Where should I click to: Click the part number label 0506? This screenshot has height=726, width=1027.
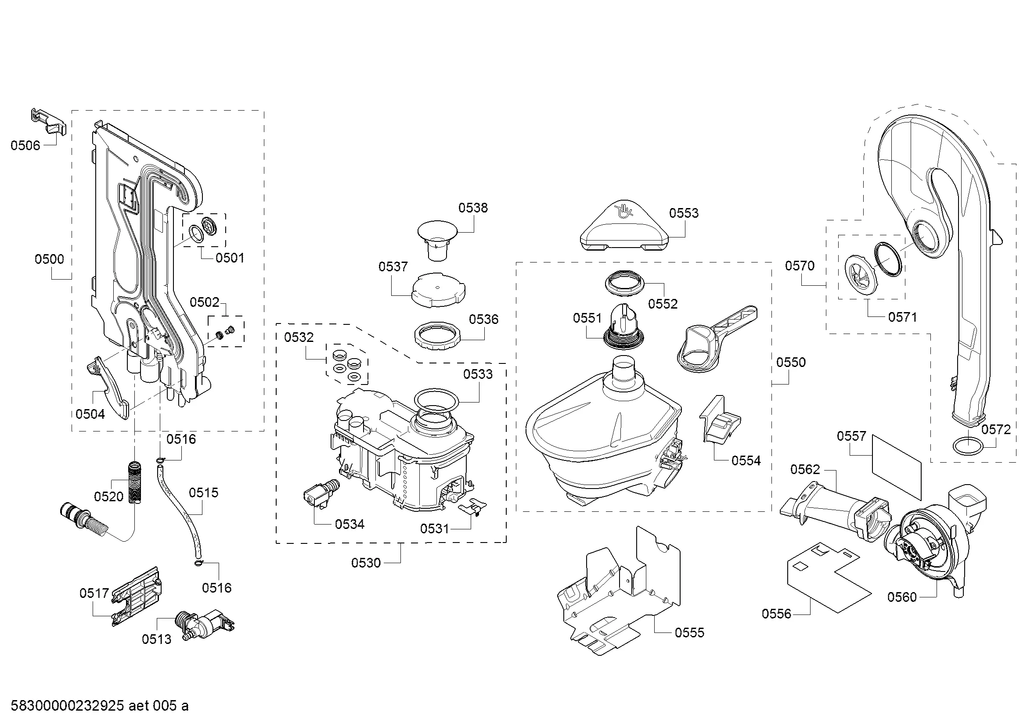[x=25, y=145]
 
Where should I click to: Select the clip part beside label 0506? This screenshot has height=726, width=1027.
[x=50, y=122]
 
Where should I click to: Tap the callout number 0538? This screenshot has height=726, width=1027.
[x=473, y=208]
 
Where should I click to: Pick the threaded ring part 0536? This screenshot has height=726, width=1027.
[x=437, y=339]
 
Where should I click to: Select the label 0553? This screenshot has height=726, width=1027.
[x=684, y=213]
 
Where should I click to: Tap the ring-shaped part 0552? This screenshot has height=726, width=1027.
[x=625, y=283]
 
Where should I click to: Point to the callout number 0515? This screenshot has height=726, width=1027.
[x=204, y=492]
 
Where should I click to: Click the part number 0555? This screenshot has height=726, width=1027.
[x=689, y=632]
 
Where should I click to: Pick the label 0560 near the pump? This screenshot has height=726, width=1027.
[x=902, y=597]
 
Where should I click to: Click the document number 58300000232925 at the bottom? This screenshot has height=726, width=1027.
[x=67, y=706]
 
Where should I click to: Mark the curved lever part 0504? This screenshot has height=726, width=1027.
[x=110, y=387]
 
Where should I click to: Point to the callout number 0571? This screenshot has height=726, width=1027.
[x=902, y=317]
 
